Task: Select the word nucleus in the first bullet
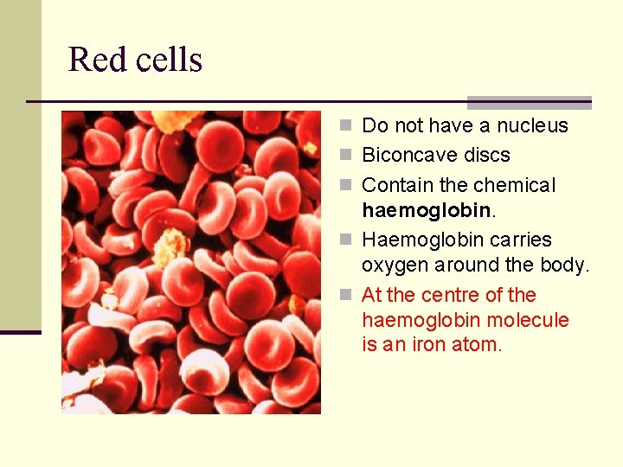(531, 126)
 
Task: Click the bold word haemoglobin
(427, 210)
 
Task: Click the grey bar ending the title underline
(529, 102)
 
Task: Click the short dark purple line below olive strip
(20, 332)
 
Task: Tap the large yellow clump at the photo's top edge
(177, 119)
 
